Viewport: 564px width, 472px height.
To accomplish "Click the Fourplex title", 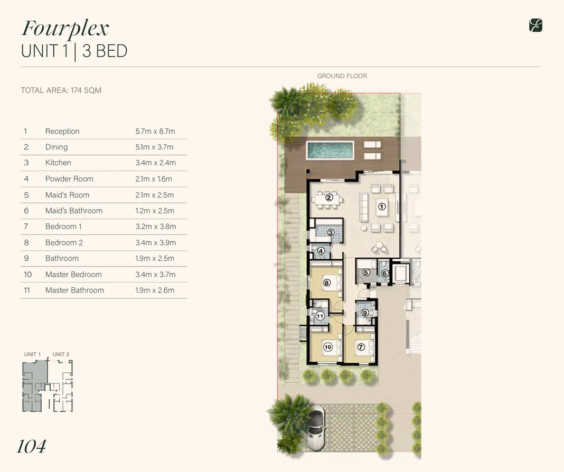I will [x=65, y=28].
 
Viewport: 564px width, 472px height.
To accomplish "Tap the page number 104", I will [x=31, y=447].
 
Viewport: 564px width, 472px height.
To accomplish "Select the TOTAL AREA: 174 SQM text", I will [x=61, y=90].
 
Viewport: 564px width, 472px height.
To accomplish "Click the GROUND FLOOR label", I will [x=342, y=76].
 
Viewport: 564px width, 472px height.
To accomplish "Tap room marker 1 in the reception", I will [x=382, y=207].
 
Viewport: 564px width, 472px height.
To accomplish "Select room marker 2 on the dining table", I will [x=328, y=197].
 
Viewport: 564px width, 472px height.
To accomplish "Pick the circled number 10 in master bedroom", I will [x=327, y=347].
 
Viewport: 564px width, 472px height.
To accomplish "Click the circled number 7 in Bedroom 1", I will [x=361, y=347].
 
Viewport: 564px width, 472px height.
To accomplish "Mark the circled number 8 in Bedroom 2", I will [x=327, y=283].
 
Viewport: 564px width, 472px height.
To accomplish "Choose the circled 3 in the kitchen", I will [x=331, y=232].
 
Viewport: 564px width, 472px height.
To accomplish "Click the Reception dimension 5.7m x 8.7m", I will [x=155, y=131].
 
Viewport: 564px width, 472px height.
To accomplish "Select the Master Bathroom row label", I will [x=74, y=290].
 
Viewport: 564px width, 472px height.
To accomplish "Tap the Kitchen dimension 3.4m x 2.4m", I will [x=155, y=163].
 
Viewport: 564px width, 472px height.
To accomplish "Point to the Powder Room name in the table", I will [x=69, y=179].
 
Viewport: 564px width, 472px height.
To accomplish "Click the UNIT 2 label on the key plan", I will [x=61, y=354].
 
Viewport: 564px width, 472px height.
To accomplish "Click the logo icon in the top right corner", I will [x=535, y=25].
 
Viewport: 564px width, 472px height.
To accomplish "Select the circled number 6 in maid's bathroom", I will [x=384, y=273].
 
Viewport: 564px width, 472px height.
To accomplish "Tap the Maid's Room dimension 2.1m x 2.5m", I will [x=154, y=195].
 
